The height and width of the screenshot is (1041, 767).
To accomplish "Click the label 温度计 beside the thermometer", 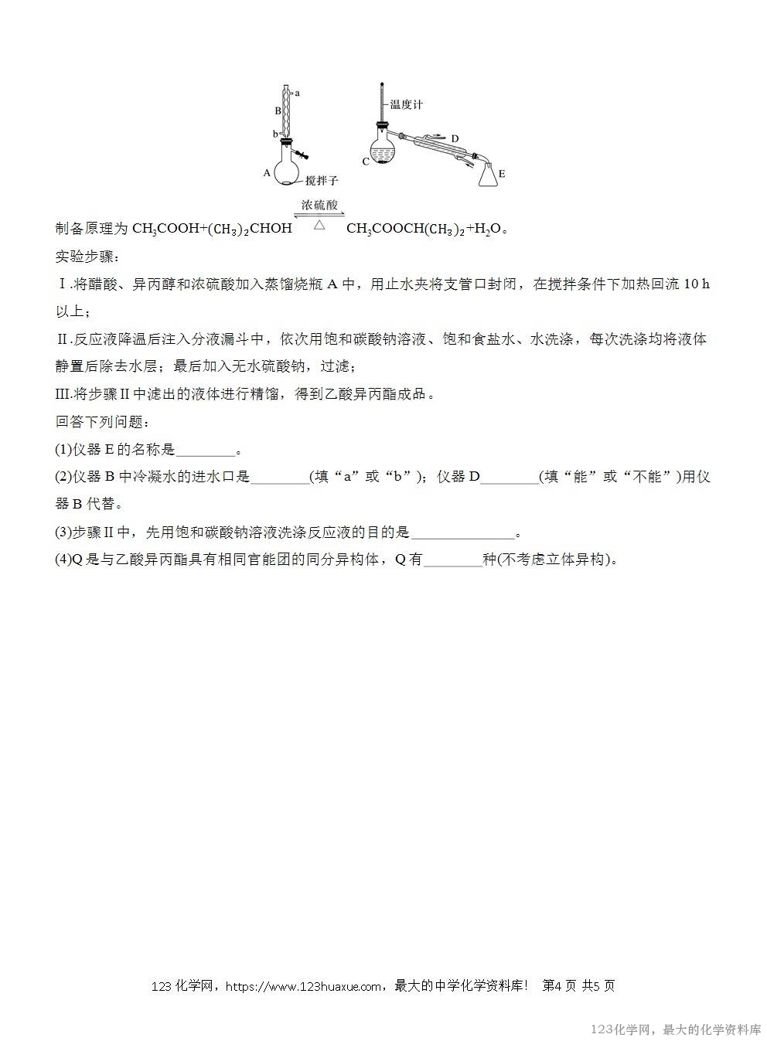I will coord(406,104).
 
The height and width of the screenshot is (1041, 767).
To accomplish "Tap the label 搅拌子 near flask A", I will coord(322,180).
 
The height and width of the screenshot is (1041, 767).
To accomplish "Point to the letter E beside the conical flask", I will coord(502,174).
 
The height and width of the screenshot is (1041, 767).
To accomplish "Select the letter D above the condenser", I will coord(455,139).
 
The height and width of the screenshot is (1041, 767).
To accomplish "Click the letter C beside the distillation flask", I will coord(366,162).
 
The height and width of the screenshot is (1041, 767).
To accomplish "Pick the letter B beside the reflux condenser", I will coord(278,111).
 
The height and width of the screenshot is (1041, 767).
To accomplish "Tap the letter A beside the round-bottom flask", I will coord(267,173).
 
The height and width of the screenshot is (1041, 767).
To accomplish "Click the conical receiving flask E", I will coord(488,176).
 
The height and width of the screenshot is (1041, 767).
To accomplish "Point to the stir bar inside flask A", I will coord(286,183).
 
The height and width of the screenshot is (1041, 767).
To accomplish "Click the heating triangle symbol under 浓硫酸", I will coord(319,225).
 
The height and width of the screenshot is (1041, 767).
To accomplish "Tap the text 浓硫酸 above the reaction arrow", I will coord(319,206).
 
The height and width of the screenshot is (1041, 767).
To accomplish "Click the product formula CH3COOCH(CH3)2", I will coord(405,229).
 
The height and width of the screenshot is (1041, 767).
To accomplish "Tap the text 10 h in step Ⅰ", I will coord(696,284).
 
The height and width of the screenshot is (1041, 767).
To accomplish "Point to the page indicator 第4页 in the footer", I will coord(559,986).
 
